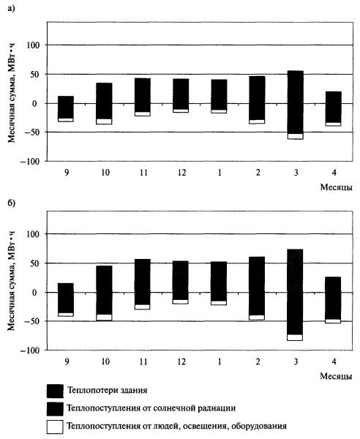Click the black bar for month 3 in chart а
click(x=296, y=102)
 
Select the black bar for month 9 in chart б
click(x=66, y=299)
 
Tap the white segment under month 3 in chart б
click(x=295, y=337)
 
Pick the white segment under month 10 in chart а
click(x=104, y=121)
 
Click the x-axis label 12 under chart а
click(x=181, y=173)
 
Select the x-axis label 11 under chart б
click(x=143, y=361)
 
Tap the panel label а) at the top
click(x=11, y=8)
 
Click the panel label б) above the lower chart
click(x=12, y=203)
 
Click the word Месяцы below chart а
click(x=336, y=187)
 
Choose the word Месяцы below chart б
click(x=336, y=376)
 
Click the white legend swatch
click(x=55, y=427)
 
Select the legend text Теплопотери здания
click(x=108, y=390)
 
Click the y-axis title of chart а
click(x=12, y=93)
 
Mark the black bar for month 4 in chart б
click(x=333, y=298)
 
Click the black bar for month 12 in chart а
click(x=181, y=94)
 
